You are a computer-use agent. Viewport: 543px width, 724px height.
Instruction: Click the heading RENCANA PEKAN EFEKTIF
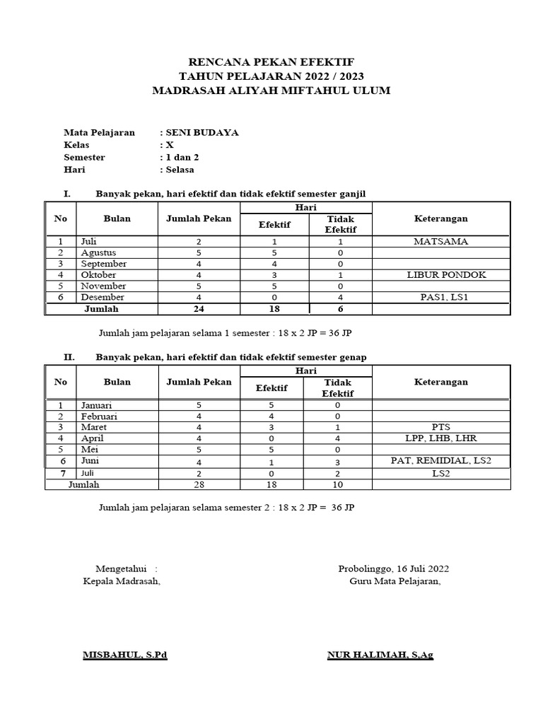pos(272,62)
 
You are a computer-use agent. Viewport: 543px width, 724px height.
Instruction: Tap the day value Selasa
pos(180,170)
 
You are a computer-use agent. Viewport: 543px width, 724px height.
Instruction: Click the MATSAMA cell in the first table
pos(440,242)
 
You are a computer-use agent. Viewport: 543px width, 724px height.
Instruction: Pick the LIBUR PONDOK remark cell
pos(440,275)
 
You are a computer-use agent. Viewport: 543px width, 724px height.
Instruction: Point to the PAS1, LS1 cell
pos(440,298)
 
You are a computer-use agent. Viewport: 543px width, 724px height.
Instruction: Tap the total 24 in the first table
pos(199,309)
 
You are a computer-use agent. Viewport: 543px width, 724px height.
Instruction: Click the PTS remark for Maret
pos(440,427)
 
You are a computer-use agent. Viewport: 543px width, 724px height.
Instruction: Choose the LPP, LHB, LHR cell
pos(440,438)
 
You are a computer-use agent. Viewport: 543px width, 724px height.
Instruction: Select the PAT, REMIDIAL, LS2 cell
pos(440,461)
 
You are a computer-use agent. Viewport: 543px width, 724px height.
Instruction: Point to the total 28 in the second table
pos(199,484)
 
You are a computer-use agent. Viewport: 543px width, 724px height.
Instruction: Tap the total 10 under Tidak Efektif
pos(338,484)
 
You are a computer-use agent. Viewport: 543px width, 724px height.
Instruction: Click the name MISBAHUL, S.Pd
pos(125,655)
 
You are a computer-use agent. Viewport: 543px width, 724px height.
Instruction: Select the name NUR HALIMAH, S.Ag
pos(380,655)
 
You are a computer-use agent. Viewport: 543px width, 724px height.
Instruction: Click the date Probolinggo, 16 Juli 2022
pos(393,568)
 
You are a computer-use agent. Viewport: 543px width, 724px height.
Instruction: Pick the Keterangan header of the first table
pos(440,218)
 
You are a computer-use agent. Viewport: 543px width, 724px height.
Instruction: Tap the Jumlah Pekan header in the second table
pos(199,382)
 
